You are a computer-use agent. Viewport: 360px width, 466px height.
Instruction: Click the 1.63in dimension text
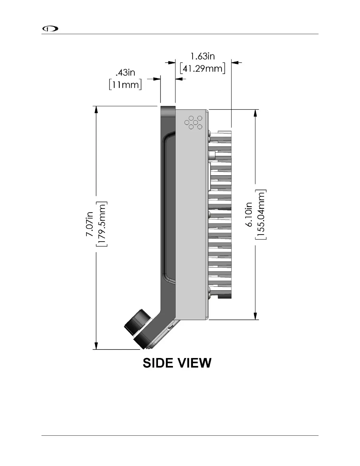tap(203, 56)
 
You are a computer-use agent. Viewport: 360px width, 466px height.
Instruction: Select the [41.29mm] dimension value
tap(203, 69)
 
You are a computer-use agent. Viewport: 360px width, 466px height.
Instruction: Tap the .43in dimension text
tap(126, 72)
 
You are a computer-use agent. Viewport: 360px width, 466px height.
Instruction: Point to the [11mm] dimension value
tap(126, 85)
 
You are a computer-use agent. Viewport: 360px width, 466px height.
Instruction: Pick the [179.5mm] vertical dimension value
tap(102, 224)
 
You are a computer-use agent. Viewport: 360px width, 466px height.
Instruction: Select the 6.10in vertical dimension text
tap(249, 214)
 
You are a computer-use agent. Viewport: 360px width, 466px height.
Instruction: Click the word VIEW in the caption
tap(195, 363)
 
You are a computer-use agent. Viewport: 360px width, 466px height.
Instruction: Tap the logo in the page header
tap(50, 29)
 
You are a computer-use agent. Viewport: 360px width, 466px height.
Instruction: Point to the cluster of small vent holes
tap(193, 122)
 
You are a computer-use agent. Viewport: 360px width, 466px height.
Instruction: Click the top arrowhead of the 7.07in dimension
tap(96, 109)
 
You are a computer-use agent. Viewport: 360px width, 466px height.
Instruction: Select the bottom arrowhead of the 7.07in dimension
tap(96, 346)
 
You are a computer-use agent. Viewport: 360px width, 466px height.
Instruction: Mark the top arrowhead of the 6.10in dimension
tap(255, 113)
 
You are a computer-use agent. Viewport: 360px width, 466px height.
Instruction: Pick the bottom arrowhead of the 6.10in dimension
tap(255, 316)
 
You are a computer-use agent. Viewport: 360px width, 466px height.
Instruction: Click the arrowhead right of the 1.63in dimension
tap(236, 62)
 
